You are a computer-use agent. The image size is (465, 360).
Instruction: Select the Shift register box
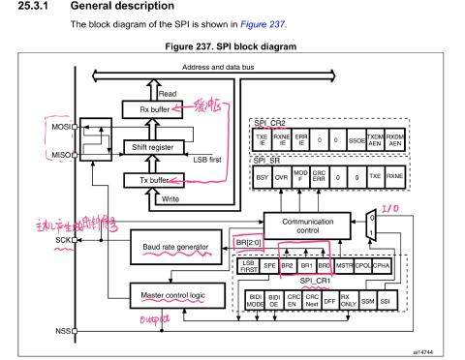(146, 146)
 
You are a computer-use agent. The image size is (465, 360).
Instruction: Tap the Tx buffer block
(144, 180)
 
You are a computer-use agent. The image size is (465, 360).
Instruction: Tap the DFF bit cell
(328, 299)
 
